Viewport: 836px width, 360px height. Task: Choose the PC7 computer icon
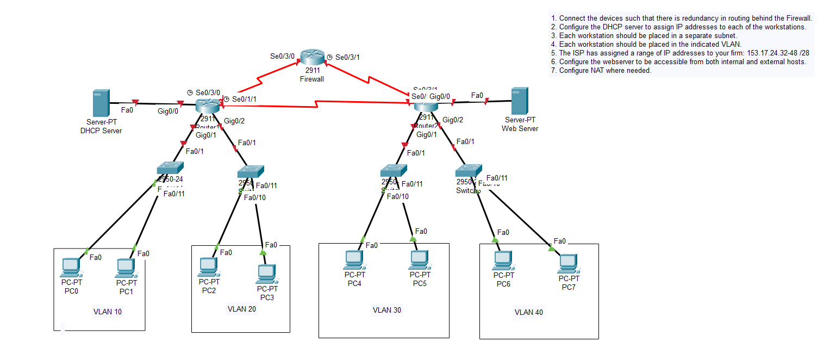(x=567, y=264)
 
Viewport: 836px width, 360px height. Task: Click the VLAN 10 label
(x=108, y=312)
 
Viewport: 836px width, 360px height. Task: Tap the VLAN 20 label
(x=241, y=309)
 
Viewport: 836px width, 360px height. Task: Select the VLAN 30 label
(x=386, y=310)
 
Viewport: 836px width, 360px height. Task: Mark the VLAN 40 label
(x=528, y=312)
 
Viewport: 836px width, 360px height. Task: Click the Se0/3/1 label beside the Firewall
(x=347, y=57)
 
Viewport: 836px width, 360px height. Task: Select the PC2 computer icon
(x=208, y=266)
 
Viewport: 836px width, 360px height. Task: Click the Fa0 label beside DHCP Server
(x=127, y=110)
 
